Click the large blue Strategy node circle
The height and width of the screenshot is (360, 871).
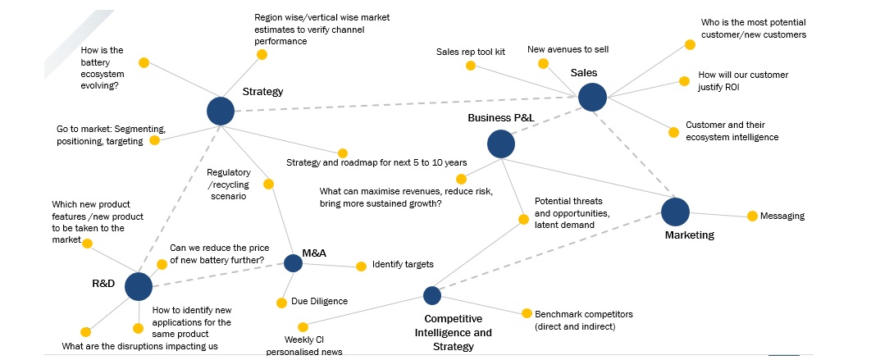(x=220, y=111)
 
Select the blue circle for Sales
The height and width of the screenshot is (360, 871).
(x=592, y=98)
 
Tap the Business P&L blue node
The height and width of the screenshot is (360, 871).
(x=501, y=144)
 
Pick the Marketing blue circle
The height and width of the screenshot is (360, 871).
(x=675, y=212)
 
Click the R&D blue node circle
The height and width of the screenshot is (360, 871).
(x=139, y=286)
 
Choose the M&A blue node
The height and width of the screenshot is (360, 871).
(x=293, y=263)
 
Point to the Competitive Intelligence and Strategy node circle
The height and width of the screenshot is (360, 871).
(x=432, y=295)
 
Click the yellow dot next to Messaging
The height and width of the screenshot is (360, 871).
(x=752, y=216)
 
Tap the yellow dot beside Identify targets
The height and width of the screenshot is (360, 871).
(x=361, y=266)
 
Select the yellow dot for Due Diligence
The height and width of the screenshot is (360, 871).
(x=281, y=302)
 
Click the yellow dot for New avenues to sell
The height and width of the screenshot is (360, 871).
(x=542, y=63)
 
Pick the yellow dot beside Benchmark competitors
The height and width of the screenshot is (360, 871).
(x=526, y=313)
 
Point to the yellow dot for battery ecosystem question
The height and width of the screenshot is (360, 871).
(x=144, y=62)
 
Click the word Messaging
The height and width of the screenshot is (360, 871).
(x=782, y=216)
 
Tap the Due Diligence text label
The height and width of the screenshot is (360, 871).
(x=319, y=302)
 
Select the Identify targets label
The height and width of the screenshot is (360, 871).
(x=403, y=265)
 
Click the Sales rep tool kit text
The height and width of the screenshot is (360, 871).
(x=471, y=52)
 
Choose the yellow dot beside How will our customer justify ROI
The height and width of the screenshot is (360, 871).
(x=683, y=81)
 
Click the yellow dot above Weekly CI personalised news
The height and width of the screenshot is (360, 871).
(x=303, y=327)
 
